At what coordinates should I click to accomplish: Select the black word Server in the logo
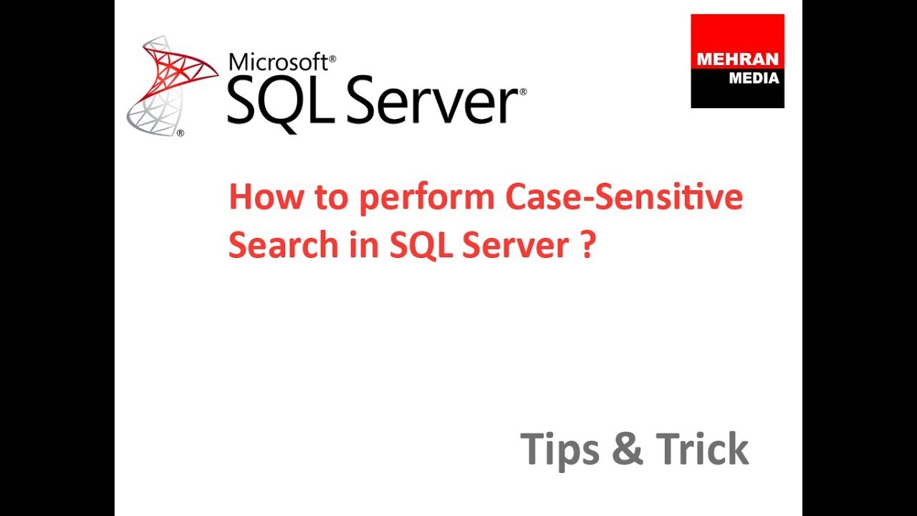422,104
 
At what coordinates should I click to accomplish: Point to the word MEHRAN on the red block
737,60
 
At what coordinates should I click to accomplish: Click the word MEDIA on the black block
754,79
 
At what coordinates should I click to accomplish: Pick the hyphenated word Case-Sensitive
624,198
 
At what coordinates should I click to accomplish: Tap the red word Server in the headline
516,245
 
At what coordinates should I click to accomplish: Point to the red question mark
588,245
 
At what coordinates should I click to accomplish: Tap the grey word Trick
702,449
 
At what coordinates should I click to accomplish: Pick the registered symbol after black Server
523,92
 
